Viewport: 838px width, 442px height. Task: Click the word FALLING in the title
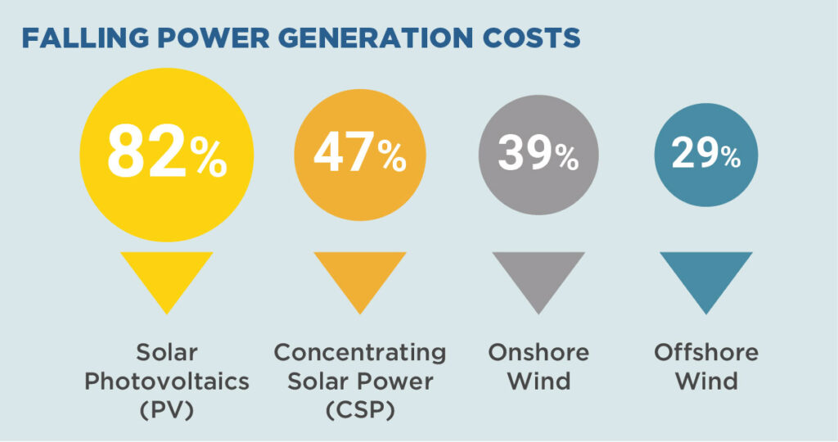[x=85, y=38]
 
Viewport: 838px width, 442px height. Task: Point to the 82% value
[x=167, y=151]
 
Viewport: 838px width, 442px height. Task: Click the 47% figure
[x=360, y=153]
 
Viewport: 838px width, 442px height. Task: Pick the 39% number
[x=538, y=154]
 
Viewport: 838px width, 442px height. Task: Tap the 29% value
[x=706, y=154]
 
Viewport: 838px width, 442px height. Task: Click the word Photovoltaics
[x=167, y=381]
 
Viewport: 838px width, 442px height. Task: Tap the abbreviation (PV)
[x=167, y=410]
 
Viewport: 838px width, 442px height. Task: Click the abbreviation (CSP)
[x=360, y=410]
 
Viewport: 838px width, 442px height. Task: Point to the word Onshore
[x=538, y=353]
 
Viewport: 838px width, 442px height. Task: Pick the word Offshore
[x=706, y=353]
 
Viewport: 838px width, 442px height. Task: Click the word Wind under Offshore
[x=706, y=381]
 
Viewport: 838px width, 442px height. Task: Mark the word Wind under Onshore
[x=538, y=381]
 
